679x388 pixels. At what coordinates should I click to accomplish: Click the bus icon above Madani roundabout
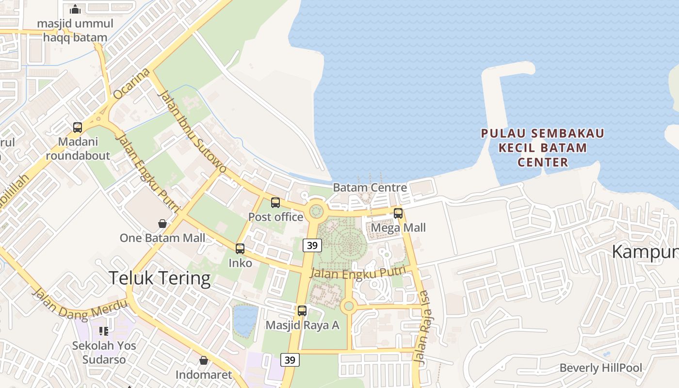78,128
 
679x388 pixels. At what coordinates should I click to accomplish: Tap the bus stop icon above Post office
275,203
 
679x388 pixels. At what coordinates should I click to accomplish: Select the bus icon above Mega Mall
398,213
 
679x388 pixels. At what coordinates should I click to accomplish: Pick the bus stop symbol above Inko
240,249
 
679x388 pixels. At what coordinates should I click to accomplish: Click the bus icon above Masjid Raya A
302,311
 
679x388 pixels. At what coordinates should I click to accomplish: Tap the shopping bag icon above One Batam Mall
162,224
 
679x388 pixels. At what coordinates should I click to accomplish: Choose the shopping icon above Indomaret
204,360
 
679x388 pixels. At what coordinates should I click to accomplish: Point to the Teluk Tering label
160,278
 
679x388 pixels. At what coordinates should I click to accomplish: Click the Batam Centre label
370,188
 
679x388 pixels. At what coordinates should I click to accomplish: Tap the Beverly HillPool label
600,368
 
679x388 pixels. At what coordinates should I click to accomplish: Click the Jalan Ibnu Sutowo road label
192,131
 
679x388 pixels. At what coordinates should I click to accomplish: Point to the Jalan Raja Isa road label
422,327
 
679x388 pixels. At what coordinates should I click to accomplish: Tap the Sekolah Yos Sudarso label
104,353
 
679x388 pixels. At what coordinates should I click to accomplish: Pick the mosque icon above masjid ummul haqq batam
75,9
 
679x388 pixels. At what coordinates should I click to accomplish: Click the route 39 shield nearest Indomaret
290,360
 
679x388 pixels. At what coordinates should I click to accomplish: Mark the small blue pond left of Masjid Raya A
245,320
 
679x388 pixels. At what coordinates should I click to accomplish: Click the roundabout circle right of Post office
316,211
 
